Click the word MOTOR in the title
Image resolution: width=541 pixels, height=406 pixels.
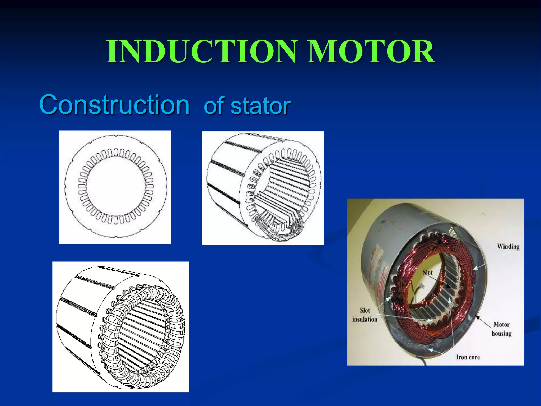click(371, 52)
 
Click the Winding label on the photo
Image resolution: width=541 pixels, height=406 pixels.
click(508, 247)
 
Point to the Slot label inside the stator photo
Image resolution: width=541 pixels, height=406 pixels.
click(427, 273)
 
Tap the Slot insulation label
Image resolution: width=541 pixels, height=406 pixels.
click(365, 315)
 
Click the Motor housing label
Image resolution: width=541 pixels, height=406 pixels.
click(501, 329)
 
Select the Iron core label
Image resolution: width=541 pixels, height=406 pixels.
click(468, 357)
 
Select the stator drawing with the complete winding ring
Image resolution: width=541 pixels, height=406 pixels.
click(121, 327)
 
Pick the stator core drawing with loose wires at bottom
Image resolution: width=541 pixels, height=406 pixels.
click(263, 188)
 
